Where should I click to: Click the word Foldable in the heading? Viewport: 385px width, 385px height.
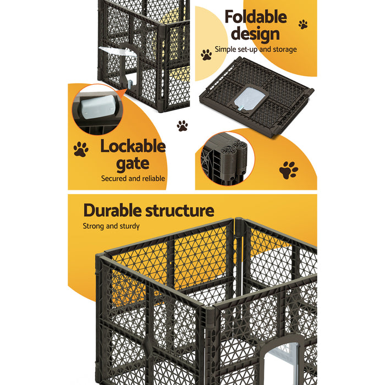pos(255,16)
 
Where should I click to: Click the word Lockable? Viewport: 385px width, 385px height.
pos(133,146)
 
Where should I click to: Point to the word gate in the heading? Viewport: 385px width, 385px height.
pos(133,163)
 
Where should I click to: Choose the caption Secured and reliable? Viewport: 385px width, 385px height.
pos(133,178)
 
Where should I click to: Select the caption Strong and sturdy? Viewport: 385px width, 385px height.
pos(111,226)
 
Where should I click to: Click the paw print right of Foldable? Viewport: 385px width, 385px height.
pos(303,24)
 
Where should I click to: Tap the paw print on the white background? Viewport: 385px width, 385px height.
pos(182,126)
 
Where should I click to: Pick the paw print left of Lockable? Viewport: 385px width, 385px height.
pos(81,149)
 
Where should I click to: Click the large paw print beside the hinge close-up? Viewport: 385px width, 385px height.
pos(288,170)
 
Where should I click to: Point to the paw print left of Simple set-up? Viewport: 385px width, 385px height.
pos(206,54)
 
